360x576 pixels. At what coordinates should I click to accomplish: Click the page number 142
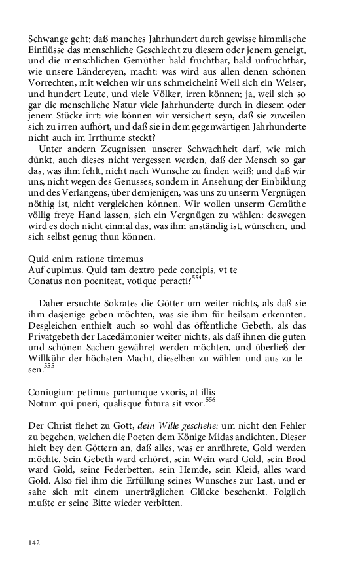tap(35, 543)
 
